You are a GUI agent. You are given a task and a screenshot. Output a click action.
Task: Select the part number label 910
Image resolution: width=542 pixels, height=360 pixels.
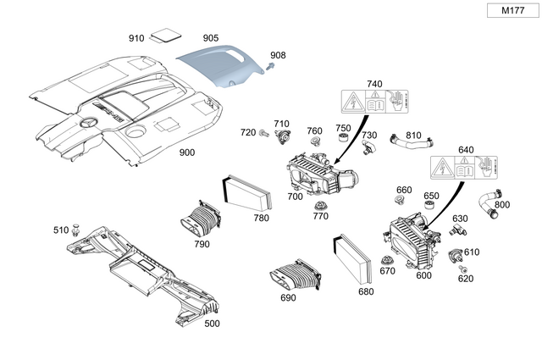[136, 38]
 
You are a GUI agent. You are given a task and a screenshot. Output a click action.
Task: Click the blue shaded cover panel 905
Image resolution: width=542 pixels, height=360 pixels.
[222, 66]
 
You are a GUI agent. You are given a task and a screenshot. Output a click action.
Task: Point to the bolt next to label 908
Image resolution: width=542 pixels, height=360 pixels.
[271, 65]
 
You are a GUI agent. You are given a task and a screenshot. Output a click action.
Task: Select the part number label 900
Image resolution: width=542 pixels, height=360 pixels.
[186, 152]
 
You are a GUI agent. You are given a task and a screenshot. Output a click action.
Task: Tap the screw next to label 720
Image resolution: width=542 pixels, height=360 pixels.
[265, 133]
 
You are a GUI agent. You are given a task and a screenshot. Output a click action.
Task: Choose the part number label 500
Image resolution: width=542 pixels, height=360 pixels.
[212, 323]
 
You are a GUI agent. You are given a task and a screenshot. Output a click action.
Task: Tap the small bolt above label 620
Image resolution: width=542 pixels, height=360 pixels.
[463, 269]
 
